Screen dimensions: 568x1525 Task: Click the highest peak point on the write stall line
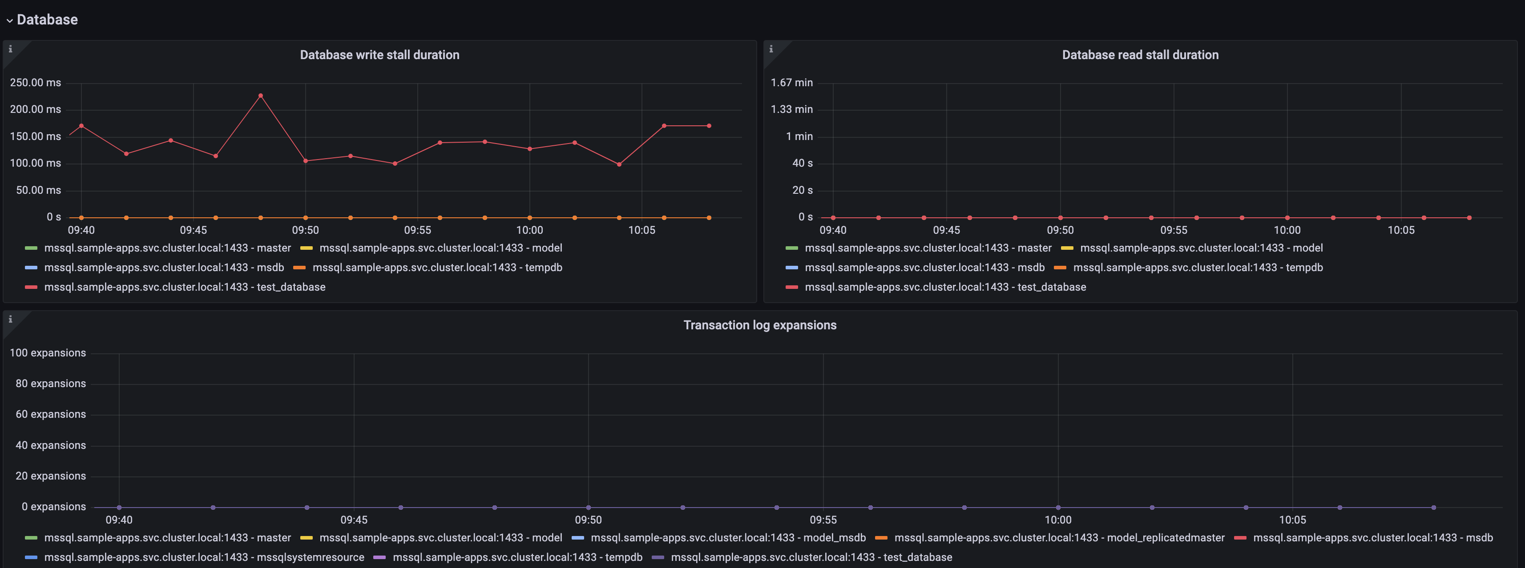tap(261, 95)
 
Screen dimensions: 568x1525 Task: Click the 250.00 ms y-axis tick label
tap(36, 83)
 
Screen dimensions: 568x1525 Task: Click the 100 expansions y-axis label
tap(48, 352)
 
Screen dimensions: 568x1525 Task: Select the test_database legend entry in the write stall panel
tap(184, 287)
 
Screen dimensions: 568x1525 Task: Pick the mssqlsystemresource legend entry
tap(204, 557)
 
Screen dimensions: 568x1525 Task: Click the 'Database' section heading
tap(47, 20)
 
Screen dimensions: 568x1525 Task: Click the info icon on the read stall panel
tap(771, 49)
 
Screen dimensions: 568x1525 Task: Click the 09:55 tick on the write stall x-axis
tap(417, 230)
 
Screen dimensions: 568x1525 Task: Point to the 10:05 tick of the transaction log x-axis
tap(1292, 520)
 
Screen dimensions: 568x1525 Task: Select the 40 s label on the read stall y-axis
tap(802, 163)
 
